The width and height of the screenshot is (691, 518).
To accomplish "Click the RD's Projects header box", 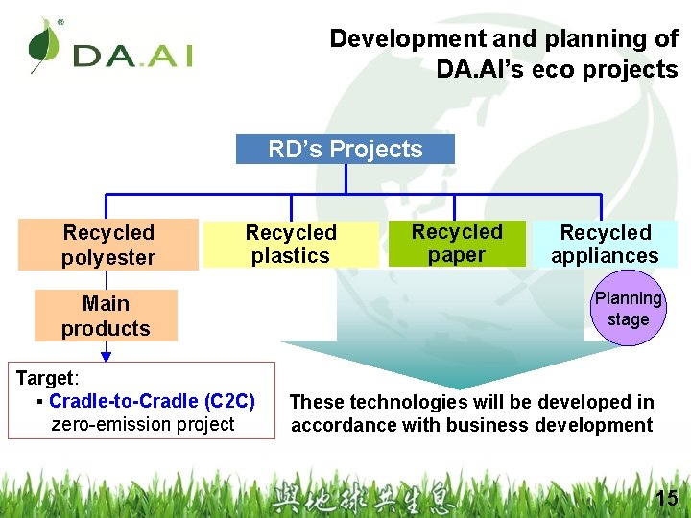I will tap(345, 149).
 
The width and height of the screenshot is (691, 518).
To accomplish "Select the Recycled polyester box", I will tap(108, 245).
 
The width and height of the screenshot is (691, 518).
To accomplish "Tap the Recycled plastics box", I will tap(291, 244).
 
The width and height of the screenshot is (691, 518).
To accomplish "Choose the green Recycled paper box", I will tap(457, 244).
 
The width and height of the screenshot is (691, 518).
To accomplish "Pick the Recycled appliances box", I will tap(606, 244).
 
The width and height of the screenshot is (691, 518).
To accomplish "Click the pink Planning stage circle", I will tap(628, 309).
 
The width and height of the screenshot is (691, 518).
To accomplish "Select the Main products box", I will tap(106, 316).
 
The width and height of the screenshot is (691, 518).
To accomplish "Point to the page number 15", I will tap(665, 498).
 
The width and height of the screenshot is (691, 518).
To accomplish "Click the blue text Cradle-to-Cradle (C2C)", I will tap(152, 401).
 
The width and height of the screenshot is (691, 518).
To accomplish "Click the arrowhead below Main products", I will tap(106, 355).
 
